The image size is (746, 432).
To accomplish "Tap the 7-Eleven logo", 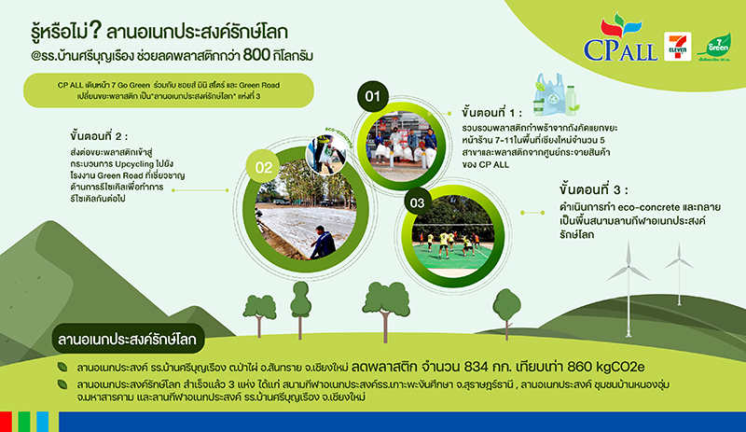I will [676, 45].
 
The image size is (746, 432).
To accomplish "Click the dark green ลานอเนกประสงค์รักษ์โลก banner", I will [125, 335].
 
